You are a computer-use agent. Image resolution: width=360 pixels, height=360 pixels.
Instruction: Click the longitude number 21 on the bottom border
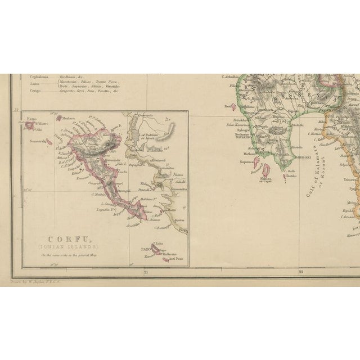pos(145,272)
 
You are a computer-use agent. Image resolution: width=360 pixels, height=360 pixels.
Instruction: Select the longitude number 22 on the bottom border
pos(301,272)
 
